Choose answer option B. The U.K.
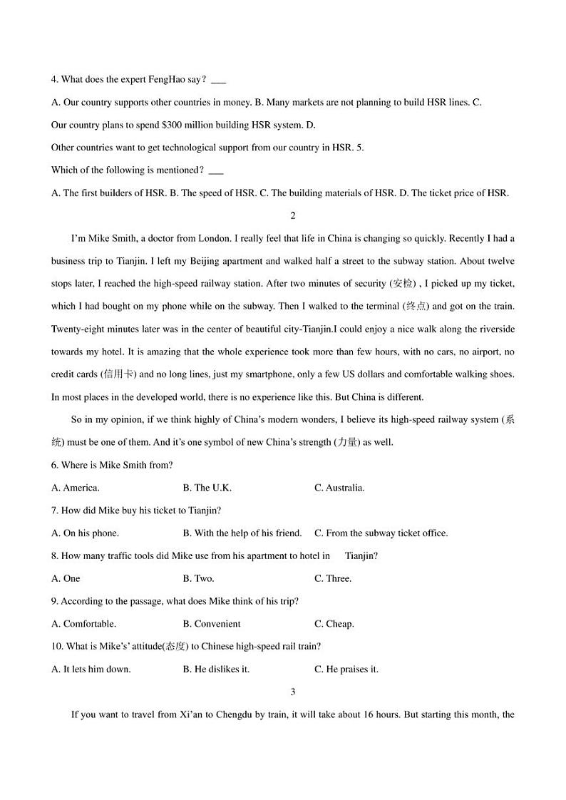(207, 488)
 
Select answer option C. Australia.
(339, 488)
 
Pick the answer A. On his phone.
(86, 533)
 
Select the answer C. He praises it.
(346, 669)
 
